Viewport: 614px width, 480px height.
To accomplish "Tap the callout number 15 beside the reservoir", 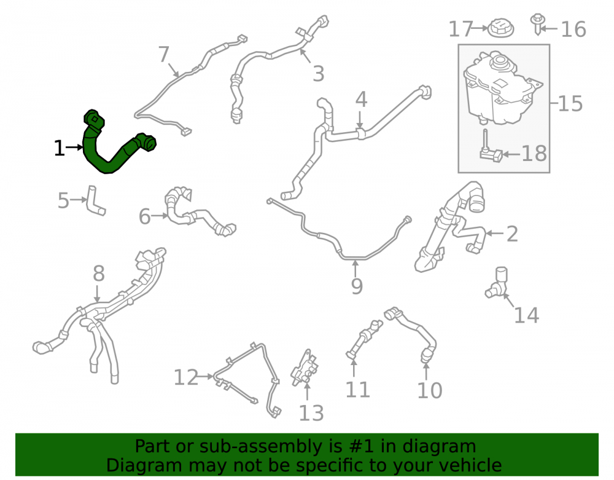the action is (x=570, y=104).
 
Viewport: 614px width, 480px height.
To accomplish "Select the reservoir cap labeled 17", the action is (x=500, y=28).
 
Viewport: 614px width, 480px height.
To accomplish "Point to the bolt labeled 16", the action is (x=537, y=24).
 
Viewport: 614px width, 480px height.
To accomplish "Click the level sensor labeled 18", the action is (x=490, y=151).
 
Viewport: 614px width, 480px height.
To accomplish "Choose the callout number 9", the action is (x=357, y=286).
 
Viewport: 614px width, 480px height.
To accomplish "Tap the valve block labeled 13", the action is (x=305, y=368).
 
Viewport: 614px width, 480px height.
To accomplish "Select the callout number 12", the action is (x=185, y=378).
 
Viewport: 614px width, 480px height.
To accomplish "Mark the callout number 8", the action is (x=99, y=273).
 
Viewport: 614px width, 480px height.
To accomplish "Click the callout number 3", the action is (x=318, y=74).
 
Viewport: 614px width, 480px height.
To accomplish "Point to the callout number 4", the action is (x=361, y=100).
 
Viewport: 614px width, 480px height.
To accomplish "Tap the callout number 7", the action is (x=164, y=55).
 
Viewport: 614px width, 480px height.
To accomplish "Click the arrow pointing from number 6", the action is (x=160, y=216).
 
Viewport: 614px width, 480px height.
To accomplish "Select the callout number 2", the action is (x=512, y=234).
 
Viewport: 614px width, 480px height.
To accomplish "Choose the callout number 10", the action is (x=430, y=390).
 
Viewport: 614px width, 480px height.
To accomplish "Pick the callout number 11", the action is (x=357, y=390).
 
